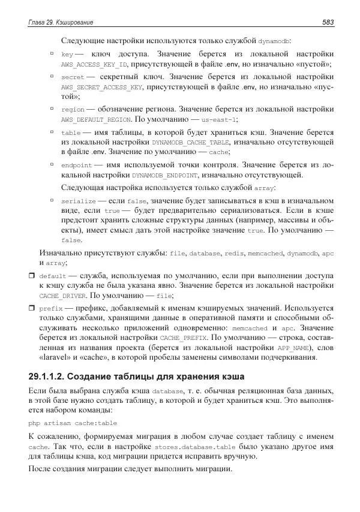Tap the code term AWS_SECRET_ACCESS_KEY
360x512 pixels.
coord(101,87)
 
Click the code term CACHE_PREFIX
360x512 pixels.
coord(162,339)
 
